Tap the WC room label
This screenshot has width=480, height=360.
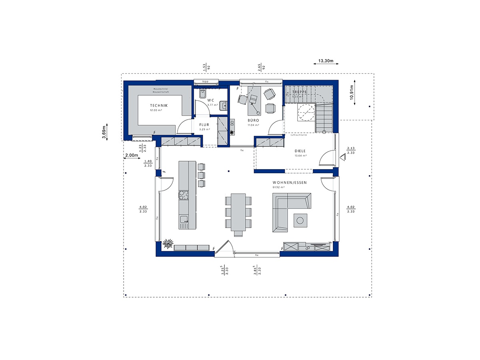pos(210,100)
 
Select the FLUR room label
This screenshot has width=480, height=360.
pos(204,124)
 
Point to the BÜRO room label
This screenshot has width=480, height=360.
pos(253,120)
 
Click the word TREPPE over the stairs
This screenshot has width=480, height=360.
pos(299,92)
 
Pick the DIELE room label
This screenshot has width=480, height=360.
pos(300,151)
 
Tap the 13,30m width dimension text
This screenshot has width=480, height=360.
pos(326,61)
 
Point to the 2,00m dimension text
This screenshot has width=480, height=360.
pos(132,155)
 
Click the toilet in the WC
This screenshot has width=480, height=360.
pos(202,94)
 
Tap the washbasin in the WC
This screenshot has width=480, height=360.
pos(224,106)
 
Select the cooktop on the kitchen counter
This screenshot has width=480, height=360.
pos(183,195)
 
